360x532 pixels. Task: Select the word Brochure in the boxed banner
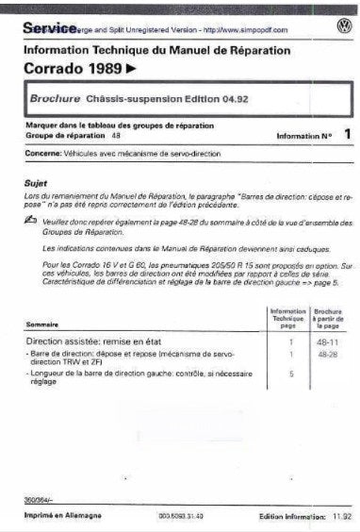(x=56, y=100)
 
